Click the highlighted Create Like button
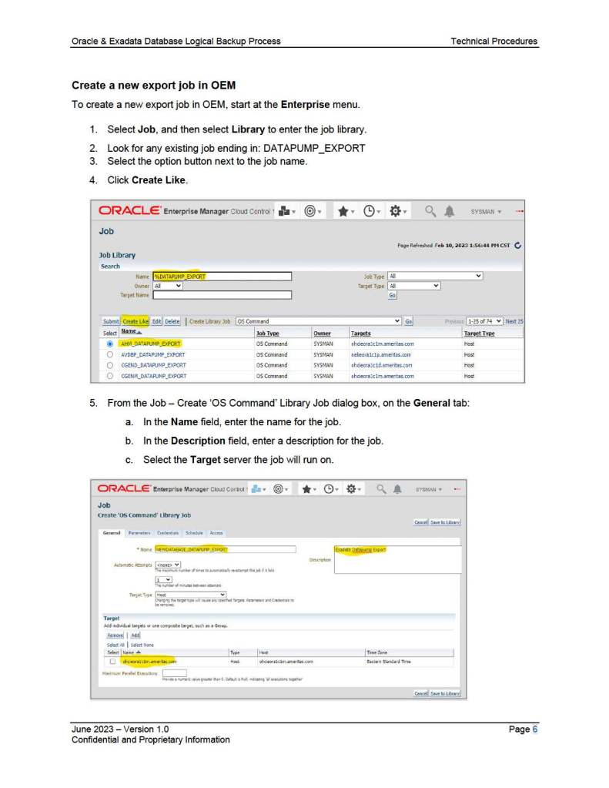pos(136,321)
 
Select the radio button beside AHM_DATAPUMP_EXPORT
pos(110,344)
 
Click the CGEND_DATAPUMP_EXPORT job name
pos(153,365)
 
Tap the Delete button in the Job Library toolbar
pos(172,321)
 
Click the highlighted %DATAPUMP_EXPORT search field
pos(222,276)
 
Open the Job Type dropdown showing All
pos(435,276)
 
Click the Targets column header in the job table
pos(360,334)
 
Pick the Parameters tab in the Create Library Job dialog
pos(139,532)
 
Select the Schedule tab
pos(194,532)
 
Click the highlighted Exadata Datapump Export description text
pos(360,549)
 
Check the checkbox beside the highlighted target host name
pos(112,661)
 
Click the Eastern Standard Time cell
pos(388,661)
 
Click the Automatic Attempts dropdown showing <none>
pos(168,564)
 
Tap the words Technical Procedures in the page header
pos(494,41)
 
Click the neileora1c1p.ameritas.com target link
pos(382,354)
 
